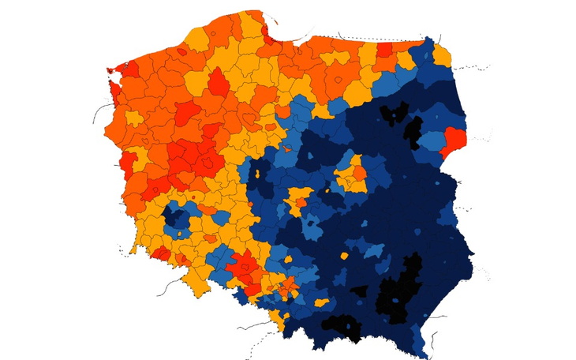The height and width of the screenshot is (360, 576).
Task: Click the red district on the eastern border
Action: tap(455, 142)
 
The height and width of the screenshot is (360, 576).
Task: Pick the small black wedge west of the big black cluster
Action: tap(360, 291)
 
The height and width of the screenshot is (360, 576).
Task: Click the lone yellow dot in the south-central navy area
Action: tap(344, 256)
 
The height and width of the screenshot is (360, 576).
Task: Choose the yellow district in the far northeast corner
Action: tap(442, 54)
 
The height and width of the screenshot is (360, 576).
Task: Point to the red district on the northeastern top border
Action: tap(384, 49)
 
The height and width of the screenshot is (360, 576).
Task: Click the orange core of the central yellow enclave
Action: tap(357, 173)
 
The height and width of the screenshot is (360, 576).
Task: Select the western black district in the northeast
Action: tap(389, 114)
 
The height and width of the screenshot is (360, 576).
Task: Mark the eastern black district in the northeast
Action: tap(413, 131)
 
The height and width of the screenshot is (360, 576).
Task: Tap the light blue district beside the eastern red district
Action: tap(432, 141)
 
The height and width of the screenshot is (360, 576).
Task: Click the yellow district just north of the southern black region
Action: tap(322, 302)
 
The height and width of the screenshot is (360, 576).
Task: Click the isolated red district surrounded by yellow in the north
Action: tap(214, 80)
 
